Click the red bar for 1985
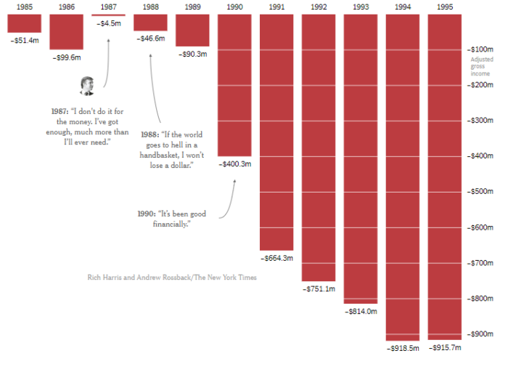[x=25, y=23]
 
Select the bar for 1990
[x=234, y=85]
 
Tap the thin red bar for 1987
[x=108, y=15]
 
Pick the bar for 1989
[x=192, y=30]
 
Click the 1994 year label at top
[x=403, y=7]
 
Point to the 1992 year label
[x=319, y=7]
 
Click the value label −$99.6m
[x=67, y=57]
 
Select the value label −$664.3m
[x=276, y=257]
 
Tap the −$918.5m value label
[x=403, y=348]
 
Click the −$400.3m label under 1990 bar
[x=234, y=164]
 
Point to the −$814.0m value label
[x=361, y=311]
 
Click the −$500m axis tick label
[x=480, y=192]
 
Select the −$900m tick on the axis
[x=480, y=334]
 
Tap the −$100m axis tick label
[x=480, y=49]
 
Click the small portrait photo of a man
[x=88, y=86]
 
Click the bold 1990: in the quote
[x=146, y=214]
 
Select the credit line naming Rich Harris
[x=171, y=278]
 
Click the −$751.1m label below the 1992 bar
[x=319, y=288]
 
